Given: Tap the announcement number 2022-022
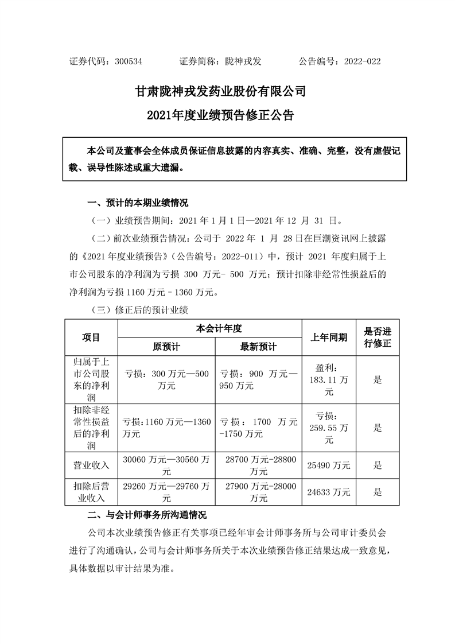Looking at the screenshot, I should tap(362, 61).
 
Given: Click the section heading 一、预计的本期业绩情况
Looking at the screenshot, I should tap(137, 203).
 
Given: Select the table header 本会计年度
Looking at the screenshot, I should tap(210, 328).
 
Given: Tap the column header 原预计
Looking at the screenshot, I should tap(166, 347).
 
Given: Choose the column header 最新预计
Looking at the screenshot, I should tap(258, 347).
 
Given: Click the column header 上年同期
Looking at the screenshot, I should tap(329, 337).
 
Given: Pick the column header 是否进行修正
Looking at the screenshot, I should tap(378, 337).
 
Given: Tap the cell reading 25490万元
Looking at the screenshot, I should tap(329, 465).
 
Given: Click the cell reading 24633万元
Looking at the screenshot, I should tap(329, 491).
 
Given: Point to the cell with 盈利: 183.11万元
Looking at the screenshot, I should tap(329, 379).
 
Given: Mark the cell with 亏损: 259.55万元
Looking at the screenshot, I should tap(329, 427).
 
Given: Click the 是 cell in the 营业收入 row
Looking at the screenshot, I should tap(378, 465).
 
